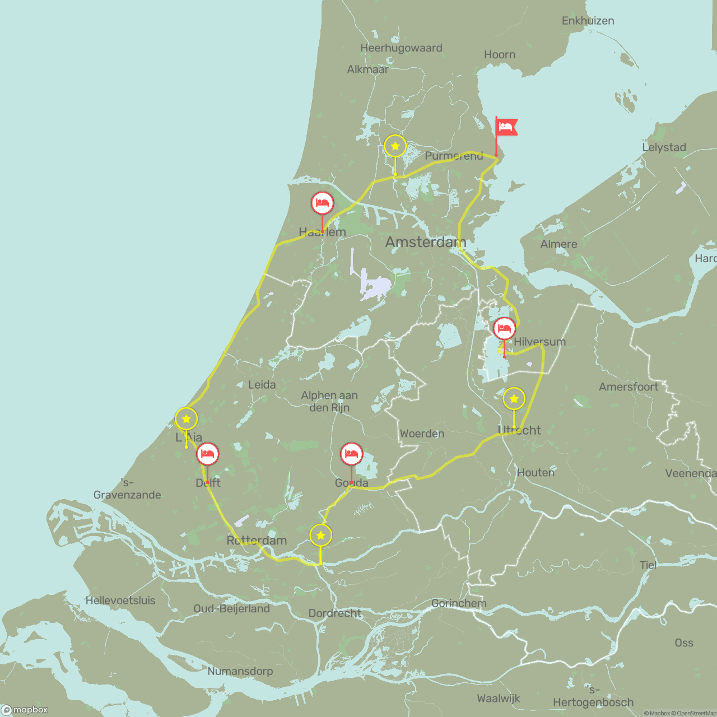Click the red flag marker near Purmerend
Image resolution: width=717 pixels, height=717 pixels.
click(x=506, y=127)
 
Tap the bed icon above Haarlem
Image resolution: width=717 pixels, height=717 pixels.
click(x=322, y=203)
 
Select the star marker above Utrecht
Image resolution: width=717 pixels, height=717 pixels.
click(x=514, y=399)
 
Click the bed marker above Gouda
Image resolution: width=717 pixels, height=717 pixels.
click(x=351, y=454)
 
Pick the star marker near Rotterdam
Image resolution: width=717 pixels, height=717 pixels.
click(x=320, y=536)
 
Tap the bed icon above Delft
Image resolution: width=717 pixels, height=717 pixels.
click(x=207, y=454)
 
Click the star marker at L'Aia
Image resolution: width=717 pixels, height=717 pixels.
click(x=187, y=419)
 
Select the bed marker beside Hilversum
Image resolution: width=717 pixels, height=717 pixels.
click(x=504, y=328)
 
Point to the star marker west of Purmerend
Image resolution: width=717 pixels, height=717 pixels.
click(x=395, y=146)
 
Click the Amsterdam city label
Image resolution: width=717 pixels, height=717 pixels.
click(x=425, y=242)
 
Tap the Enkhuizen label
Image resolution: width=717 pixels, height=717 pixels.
click(x=588, y=21)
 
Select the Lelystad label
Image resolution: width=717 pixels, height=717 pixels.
click(x=664, y=147)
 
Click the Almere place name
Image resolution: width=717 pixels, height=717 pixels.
click(x=558, y=244)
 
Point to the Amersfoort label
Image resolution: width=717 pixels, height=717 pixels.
click(x=628, y=387)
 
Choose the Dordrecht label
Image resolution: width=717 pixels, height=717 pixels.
click(x=335, y=613)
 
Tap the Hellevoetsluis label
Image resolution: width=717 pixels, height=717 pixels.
click(x=120, y=600)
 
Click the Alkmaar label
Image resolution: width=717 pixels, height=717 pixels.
click(x=367, y=69)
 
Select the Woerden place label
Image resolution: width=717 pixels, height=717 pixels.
click(x=422, y=434)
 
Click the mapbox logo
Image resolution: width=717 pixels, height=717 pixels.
click(x=25, y=710)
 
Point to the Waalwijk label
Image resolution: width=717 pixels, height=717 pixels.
click(x=499, y=699)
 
